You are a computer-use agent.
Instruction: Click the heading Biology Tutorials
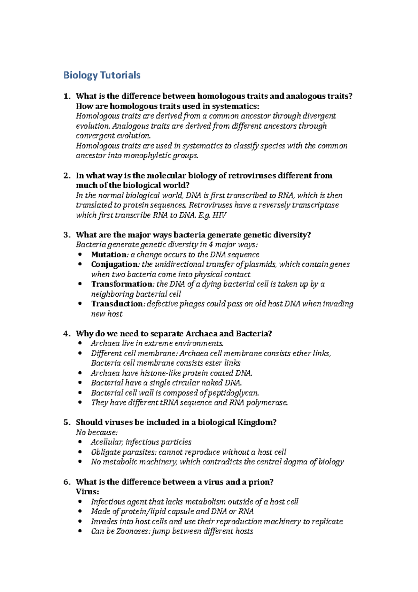[x=102, y=75]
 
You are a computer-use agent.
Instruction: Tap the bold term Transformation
[x=122, y=284]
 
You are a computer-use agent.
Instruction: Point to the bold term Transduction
[x=117, y=304]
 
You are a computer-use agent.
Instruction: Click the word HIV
[x=219, y=215]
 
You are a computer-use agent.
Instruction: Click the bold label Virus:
[x=87, y=492]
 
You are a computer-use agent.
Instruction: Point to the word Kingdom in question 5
[x=257, y=422]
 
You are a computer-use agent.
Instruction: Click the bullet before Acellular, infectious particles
[x=81, y=442]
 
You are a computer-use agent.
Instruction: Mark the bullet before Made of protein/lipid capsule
[x=81, y=511]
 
